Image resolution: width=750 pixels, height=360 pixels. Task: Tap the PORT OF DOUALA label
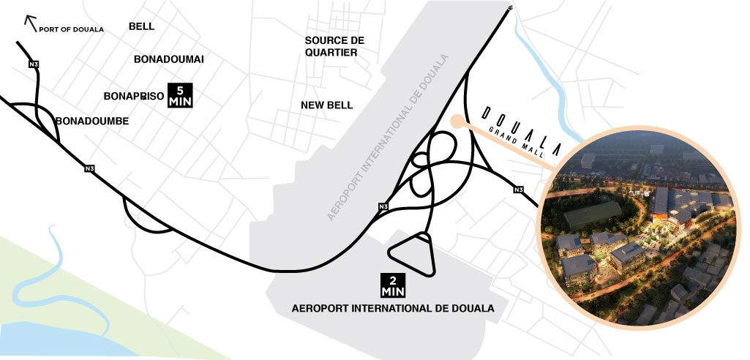point(72,29)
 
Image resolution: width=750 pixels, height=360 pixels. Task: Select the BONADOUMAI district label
point(169,59)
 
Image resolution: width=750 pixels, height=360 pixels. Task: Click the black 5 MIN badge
point(180,96)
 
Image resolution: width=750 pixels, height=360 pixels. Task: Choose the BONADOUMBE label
point(92,121)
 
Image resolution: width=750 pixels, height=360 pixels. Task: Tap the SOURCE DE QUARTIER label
point(334,46)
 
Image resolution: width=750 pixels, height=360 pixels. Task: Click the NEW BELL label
point(327,105)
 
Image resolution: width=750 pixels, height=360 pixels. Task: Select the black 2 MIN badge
point(392,285)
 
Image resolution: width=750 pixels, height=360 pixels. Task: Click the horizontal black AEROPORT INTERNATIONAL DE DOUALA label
point(393,308)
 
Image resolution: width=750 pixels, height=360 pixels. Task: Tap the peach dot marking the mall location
point(457,122)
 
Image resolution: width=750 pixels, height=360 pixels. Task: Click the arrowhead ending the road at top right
point(509,9)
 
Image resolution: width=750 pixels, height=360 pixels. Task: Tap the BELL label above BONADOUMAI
point(142,26)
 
